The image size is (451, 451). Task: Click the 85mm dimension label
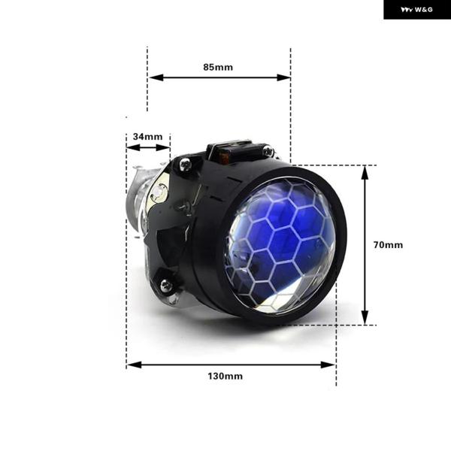[x=218, y=68]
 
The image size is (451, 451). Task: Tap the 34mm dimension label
[x=147, y=137]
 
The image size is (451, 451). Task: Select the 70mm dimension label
[x=388, y=245]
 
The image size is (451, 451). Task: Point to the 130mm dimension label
[x=225, y=377]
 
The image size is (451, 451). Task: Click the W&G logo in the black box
[x=416, y=10]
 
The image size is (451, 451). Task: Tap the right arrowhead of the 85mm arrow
[x=283, y=77]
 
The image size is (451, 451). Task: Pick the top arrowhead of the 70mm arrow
[x=365, y=173]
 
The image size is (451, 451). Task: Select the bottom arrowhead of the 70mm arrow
[x=365, y=318]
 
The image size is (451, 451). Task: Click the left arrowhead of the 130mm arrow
[x=134, y=365]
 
